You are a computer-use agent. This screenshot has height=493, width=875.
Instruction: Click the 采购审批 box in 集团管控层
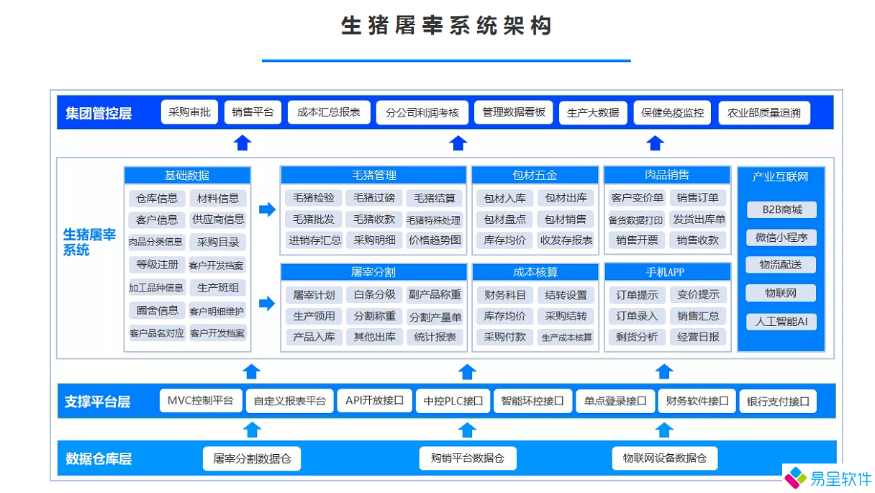click(189, 112)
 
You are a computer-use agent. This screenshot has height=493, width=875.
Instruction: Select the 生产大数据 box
click(593, 112)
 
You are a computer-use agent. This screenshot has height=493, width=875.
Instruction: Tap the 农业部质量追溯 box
click(763, 113)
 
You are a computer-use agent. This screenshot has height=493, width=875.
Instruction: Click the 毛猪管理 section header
click(373, 175)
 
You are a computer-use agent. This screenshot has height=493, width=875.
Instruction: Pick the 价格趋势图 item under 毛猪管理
click(434, 240)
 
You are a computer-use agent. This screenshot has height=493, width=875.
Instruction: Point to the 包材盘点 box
click(504, 220)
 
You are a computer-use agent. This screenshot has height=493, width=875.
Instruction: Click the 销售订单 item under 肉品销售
click(698, 198)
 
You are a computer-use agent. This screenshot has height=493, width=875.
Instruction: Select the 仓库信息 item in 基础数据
click(157, 199)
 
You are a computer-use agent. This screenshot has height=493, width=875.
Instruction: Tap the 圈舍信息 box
click(157, 311)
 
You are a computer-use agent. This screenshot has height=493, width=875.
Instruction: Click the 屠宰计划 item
click(314, 294)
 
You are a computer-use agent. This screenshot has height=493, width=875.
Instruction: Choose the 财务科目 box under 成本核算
click(504, 294)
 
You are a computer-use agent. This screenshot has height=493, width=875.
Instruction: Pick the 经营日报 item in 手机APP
click(698, 337)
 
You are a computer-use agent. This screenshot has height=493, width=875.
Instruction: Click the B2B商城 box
click(781, 210)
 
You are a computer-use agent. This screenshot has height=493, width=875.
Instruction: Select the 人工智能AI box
click(781, 322)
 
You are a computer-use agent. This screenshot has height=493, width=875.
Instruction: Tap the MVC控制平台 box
click(200, 401)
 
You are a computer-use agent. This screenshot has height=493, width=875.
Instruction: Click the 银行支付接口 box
click(778, 402)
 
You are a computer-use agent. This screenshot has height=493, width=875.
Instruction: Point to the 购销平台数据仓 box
click(468, 458)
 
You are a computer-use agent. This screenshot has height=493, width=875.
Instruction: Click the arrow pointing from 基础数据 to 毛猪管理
click(267, 209)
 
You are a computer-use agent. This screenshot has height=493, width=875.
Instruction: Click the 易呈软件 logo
click(828, 478)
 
